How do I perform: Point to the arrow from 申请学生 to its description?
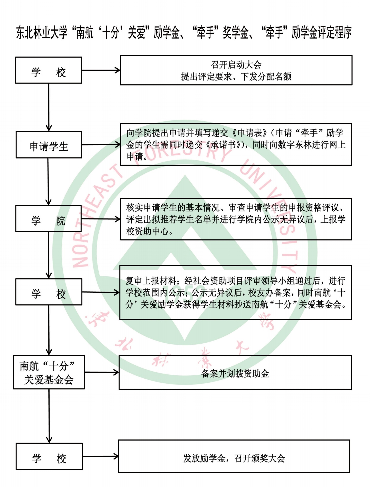pos(101,144)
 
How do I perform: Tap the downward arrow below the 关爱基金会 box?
pos(49,416)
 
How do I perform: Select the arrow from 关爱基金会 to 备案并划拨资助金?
pos(102,372)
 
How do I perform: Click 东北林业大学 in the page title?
pos(42,33)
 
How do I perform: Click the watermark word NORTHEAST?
pos(96,216)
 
